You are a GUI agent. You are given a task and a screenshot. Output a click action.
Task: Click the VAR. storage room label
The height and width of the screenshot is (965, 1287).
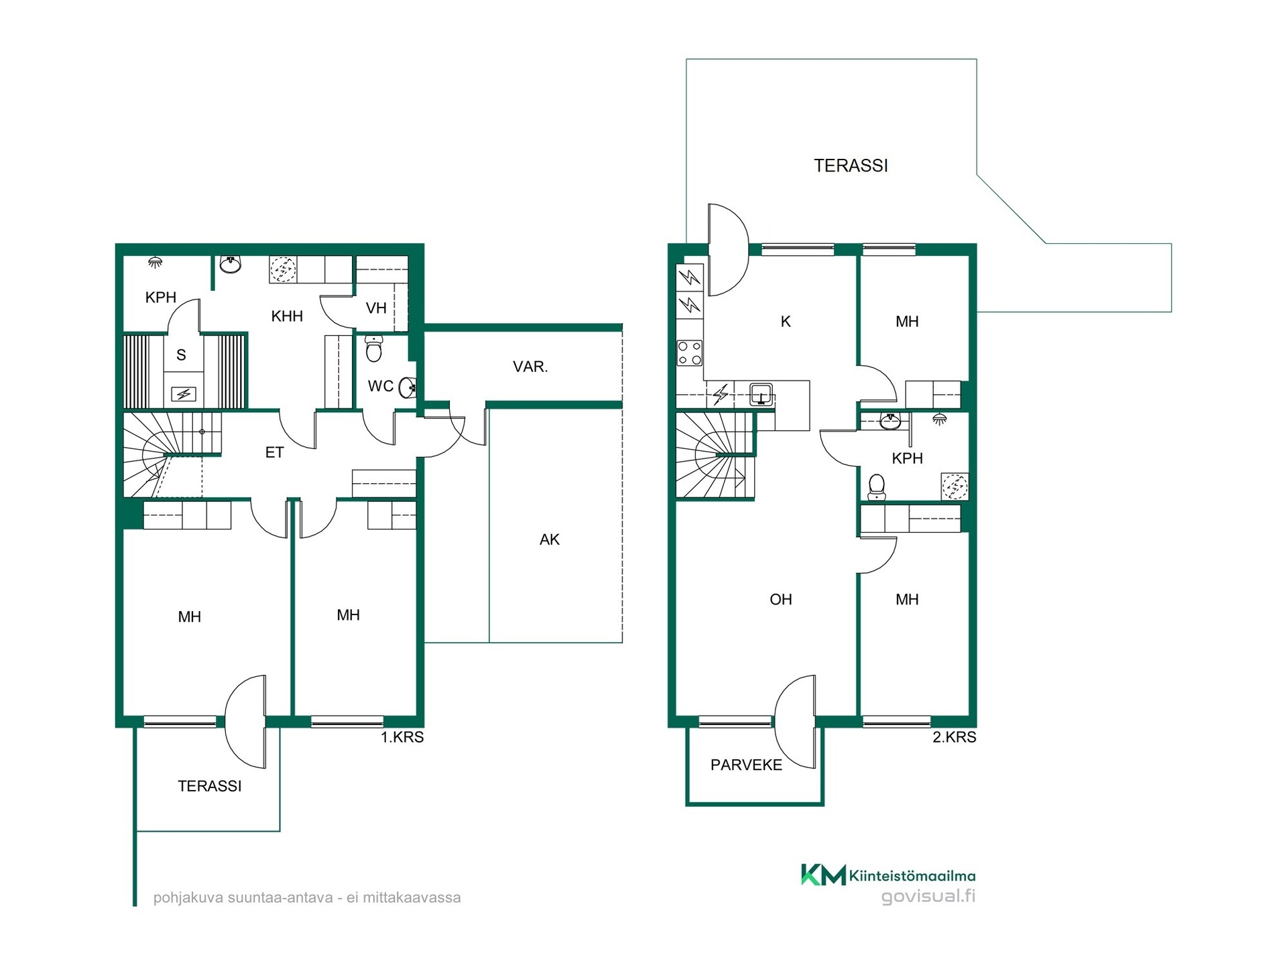tap(530, 367)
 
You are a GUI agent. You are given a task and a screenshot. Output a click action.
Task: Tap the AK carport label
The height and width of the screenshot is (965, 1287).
tap(549, 539)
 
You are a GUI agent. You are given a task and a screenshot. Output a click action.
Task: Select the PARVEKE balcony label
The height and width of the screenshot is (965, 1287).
tap(746, 765)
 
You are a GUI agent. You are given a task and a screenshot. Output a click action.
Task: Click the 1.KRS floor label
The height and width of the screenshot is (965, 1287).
tap(402, 737)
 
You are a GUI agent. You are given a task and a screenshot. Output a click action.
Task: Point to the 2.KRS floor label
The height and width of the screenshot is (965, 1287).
tap(955, 737)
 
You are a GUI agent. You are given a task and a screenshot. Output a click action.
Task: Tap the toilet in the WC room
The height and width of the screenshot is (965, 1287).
tap(374, 348)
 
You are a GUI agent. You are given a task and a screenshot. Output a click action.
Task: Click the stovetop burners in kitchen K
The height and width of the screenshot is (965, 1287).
tap(690, 353)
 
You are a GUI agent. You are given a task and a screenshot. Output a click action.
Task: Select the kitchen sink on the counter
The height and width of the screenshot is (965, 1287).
tap(761, 395)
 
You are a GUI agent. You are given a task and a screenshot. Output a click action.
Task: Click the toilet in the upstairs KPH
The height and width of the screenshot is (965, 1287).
tap(877, 487)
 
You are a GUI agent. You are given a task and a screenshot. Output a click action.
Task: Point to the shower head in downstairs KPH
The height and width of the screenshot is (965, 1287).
tap(155, 262)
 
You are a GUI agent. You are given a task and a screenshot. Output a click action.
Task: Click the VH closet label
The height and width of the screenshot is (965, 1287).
tap(376, 308)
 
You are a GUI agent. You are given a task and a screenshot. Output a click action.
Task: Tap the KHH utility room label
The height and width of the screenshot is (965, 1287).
tap(287, 316)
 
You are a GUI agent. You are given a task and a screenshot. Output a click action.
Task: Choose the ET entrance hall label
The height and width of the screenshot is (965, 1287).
tap(274, 452)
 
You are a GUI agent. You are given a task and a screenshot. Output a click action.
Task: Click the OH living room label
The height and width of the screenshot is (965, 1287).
tap(781, 600)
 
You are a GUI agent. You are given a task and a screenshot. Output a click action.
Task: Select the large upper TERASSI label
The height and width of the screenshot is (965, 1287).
tap(851, 166)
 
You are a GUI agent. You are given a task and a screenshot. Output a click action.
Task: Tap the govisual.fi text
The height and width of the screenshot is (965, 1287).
tap(928, 896)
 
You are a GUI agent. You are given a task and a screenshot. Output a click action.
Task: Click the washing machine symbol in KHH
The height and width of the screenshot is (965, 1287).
tap(283, 269)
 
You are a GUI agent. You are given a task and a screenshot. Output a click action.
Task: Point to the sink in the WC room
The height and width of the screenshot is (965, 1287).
tap(408, 387)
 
